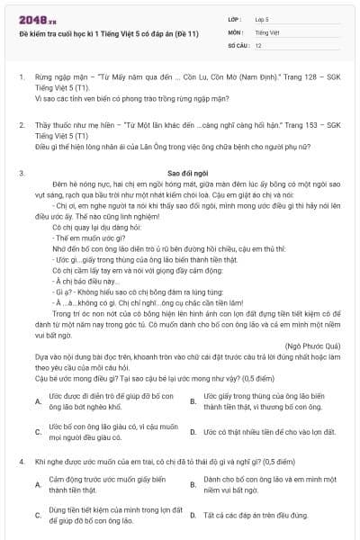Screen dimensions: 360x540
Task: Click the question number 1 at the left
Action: [21, 78]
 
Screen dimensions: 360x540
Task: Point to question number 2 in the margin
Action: [21, 124]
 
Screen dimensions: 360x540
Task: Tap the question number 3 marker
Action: [21, 171]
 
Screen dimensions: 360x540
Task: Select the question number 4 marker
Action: [21, 461]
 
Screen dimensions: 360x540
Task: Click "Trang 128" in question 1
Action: [282, 78]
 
